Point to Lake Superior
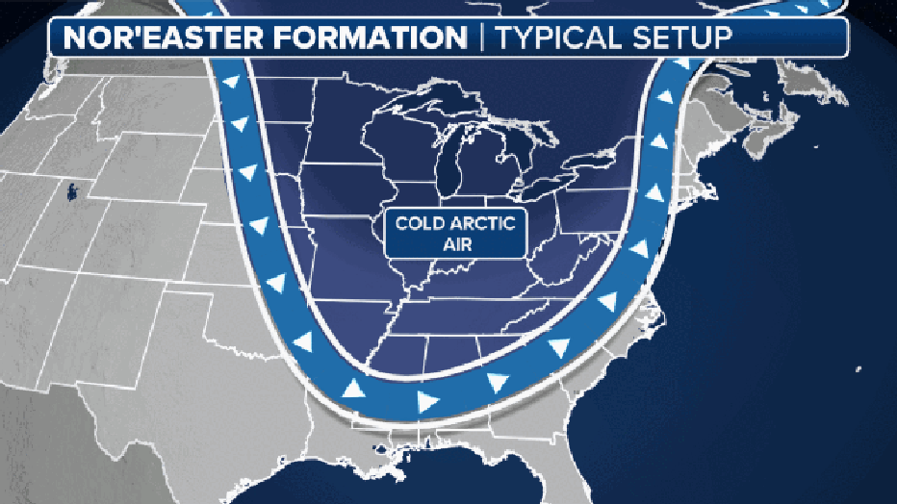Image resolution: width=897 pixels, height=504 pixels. pos(423,96)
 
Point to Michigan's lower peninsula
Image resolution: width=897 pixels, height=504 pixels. pos(486,164)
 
